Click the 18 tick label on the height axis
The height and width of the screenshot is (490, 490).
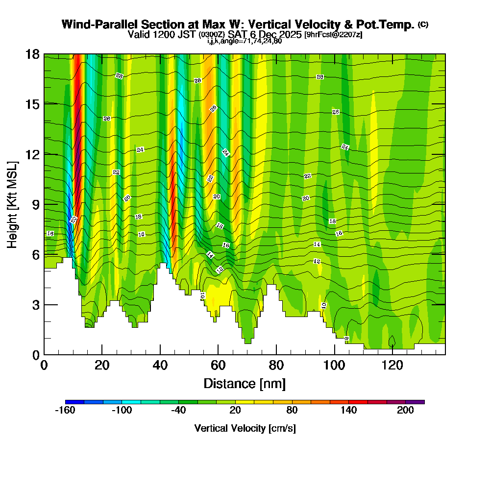click(x=32, y=54)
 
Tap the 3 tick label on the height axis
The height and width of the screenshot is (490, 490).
click(x=35, y=305)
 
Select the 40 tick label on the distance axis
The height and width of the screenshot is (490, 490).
click(x=160, y=365)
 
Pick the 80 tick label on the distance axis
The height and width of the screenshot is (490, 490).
click(x=276, y=365)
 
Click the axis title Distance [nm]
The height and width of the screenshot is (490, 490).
click(x=245, y=383)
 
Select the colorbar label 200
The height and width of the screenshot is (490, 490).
click(x=406, y=411)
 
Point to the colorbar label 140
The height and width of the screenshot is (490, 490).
click(x=349, y=411)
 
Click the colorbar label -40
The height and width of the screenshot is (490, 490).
click(x=178, y=411)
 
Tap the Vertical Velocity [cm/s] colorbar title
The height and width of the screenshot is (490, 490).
click(x=245, y=428)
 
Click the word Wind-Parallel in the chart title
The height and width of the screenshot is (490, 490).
click(x=98, y=24)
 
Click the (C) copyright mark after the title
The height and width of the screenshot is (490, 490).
click(x=423, y=24)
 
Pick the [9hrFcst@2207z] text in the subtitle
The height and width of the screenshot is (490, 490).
click(x=333, y=34)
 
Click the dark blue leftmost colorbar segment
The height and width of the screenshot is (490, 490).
click(x=74, y=402)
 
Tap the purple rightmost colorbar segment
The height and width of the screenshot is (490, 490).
click(x=415, y=402)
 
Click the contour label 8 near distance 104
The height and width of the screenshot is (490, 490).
click(x=346, y=338)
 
